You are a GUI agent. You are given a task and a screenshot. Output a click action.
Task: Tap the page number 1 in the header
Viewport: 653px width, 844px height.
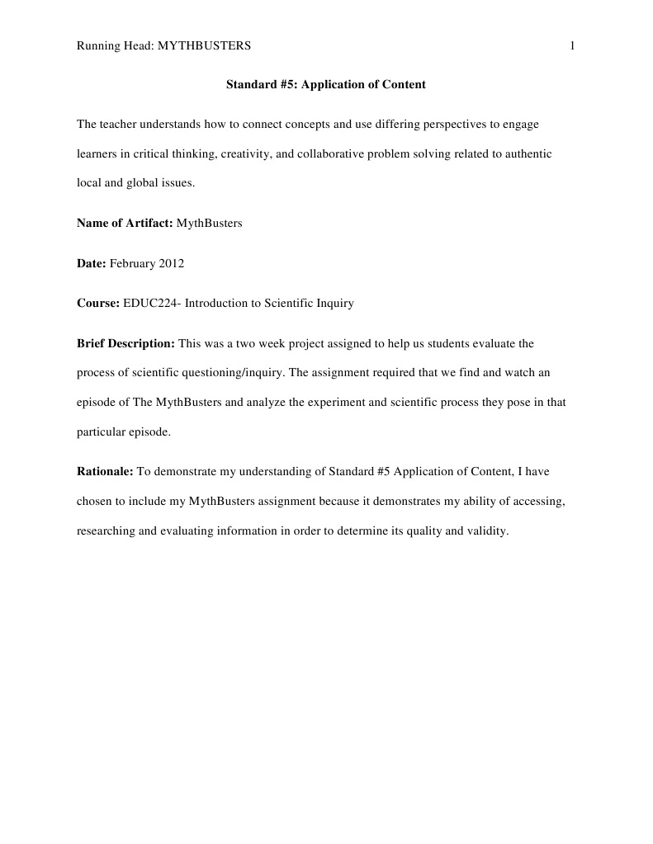coord(572,46)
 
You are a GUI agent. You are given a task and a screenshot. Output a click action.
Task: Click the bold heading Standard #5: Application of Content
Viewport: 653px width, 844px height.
coord(325,84)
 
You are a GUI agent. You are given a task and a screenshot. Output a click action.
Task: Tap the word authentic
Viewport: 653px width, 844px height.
coord(528,153)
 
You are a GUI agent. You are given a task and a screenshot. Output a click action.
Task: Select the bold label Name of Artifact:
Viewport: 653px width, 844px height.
coord(125,223)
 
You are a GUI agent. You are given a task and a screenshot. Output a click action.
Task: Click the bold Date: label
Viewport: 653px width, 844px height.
coord(92,263)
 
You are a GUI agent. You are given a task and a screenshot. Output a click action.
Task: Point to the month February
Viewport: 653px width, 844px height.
coord(133,263)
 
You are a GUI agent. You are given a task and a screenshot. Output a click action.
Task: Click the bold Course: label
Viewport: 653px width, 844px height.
coord(98,303)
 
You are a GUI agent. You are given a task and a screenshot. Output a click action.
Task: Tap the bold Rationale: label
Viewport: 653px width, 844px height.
coord(105,472)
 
